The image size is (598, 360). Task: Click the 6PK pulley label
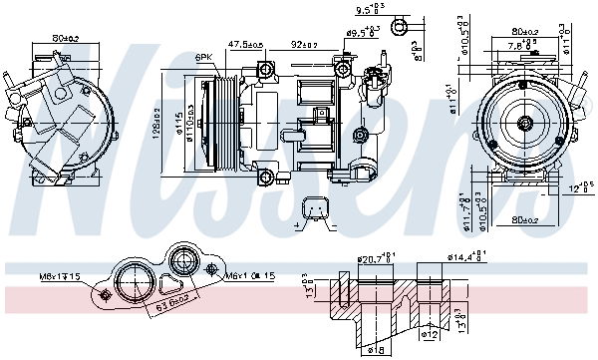[204, 58]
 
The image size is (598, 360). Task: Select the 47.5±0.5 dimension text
[244, 45]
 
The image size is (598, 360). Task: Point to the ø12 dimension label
[431, 334]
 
